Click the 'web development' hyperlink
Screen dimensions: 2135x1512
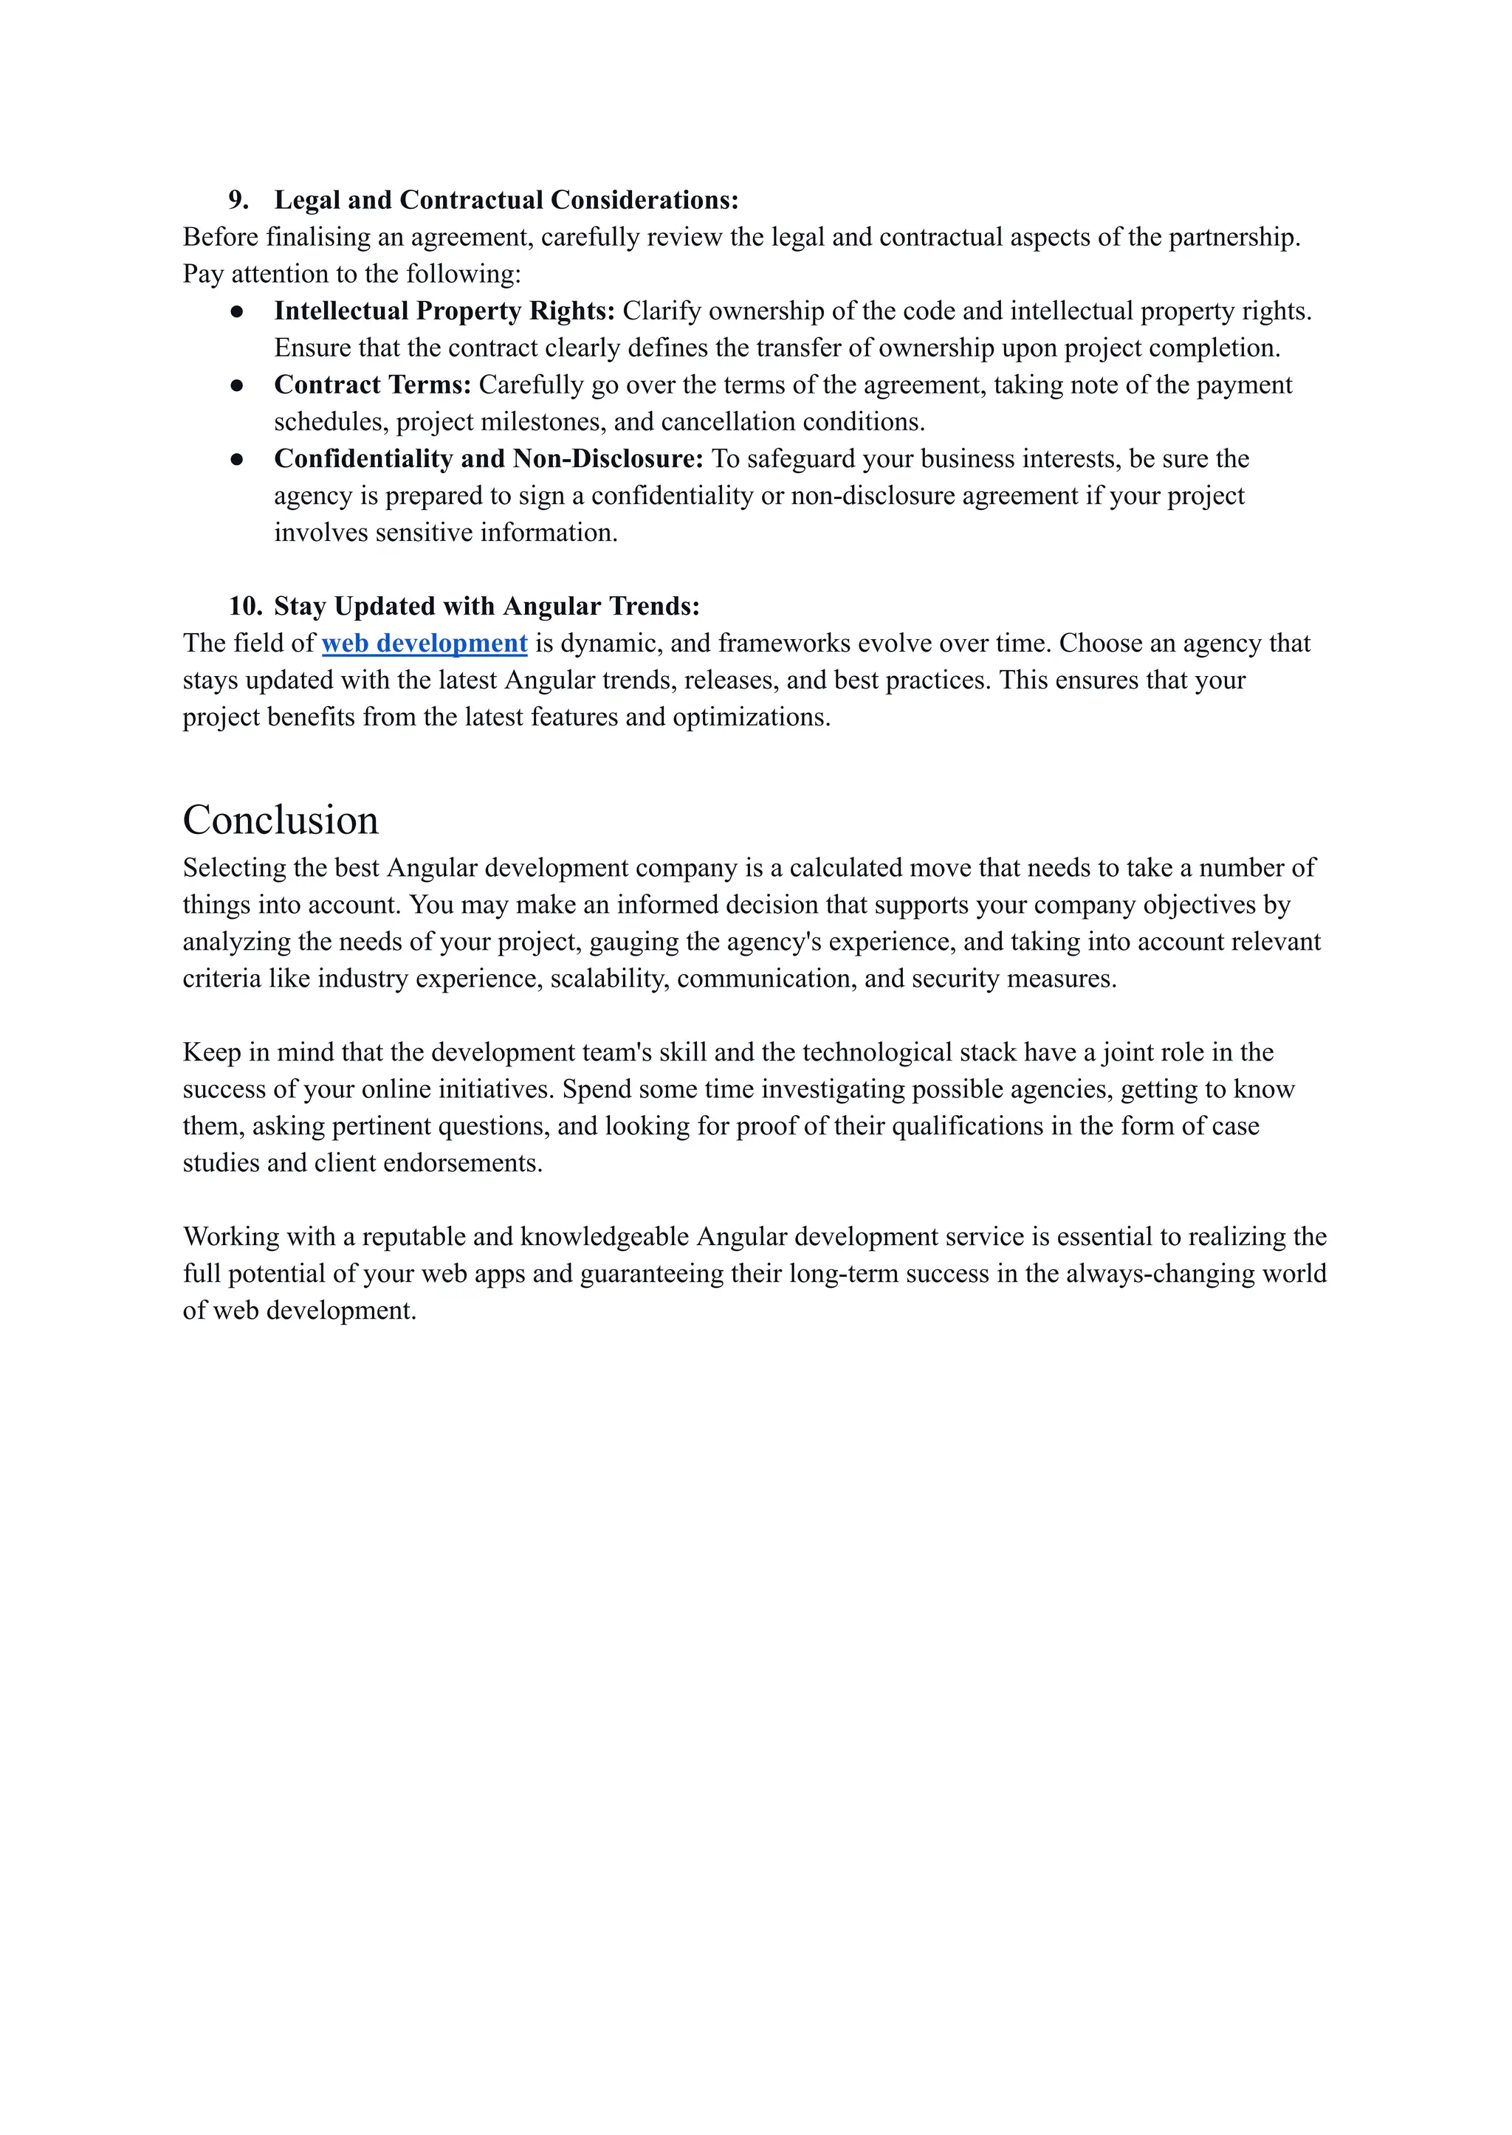point(425,643)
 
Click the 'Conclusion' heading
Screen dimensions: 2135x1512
point(281,820)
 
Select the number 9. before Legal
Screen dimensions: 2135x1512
point(238,200)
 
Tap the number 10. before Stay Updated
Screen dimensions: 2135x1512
point(246,606)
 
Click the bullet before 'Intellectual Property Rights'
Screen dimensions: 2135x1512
point(238,311)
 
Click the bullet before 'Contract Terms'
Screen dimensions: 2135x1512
point(238,385)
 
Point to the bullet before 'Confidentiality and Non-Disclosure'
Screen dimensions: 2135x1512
point(238,459)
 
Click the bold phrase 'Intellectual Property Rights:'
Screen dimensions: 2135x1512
point(444,311)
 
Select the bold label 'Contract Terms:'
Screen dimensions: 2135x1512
point(372,384)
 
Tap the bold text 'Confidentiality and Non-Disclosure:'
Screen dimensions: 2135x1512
point(489,459)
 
